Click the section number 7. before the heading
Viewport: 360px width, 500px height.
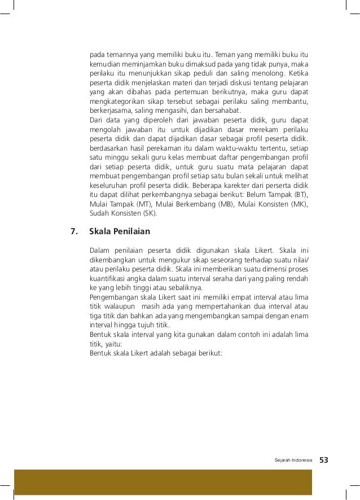(72, 231)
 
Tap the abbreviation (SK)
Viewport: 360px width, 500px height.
(150, 213)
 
